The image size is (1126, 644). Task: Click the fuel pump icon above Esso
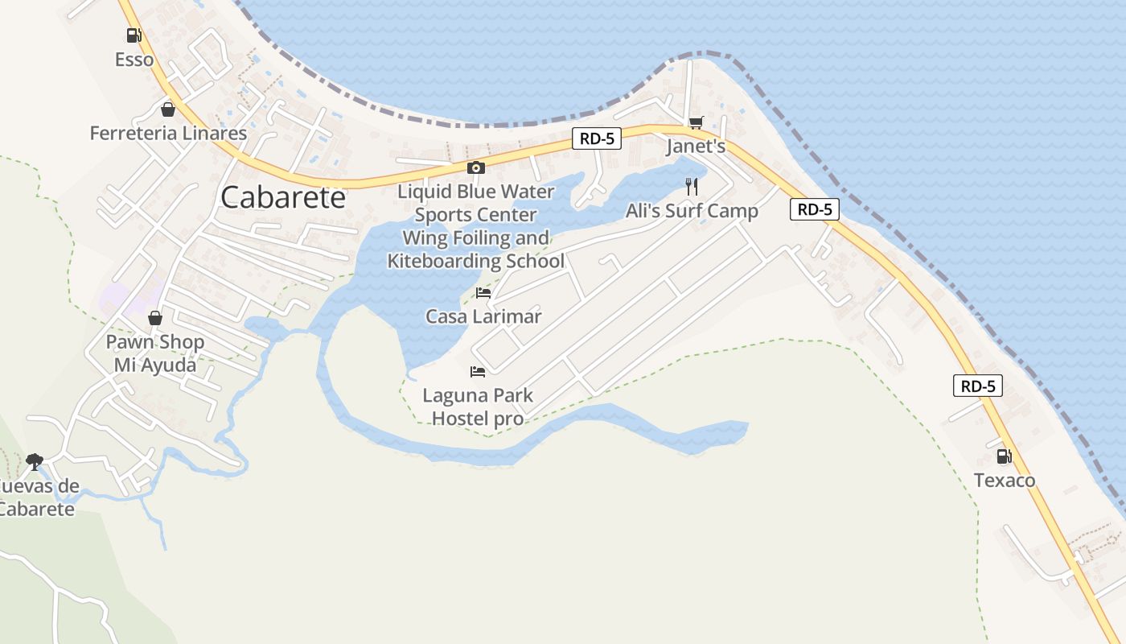(x=134, y=35)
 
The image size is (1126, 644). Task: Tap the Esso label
(x=134, y=60)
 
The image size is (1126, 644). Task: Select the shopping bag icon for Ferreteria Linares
(x=168, y=109)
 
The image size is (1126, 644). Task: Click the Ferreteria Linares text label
(x=168, y=133)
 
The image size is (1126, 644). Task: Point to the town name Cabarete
(x=283, y=197)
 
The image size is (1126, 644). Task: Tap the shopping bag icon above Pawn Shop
(x=155, y=318)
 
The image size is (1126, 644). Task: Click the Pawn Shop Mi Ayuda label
(x=155, y=353)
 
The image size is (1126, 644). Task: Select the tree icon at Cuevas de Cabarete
(x=34, y=461)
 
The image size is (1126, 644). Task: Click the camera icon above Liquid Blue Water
(x=476, y=168)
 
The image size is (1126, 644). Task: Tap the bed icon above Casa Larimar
(x=483, y=293)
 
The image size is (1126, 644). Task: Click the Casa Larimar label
(x=483, y=316)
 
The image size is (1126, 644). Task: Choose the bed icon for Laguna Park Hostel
(x=478, y=372)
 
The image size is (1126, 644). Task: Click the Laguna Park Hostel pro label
(x=478, y=407)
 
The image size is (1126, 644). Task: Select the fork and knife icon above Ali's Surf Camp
(x=692, y=187)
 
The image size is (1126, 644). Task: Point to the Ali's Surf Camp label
(x=692, y=211)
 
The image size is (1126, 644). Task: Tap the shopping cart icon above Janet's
(x=696, y=123)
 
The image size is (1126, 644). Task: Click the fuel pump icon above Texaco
(x=1005, y=456)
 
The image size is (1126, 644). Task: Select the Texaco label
(x=1005, y=481)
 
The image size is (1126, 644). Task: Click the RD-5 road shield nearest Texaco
(x=978, y=386)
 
